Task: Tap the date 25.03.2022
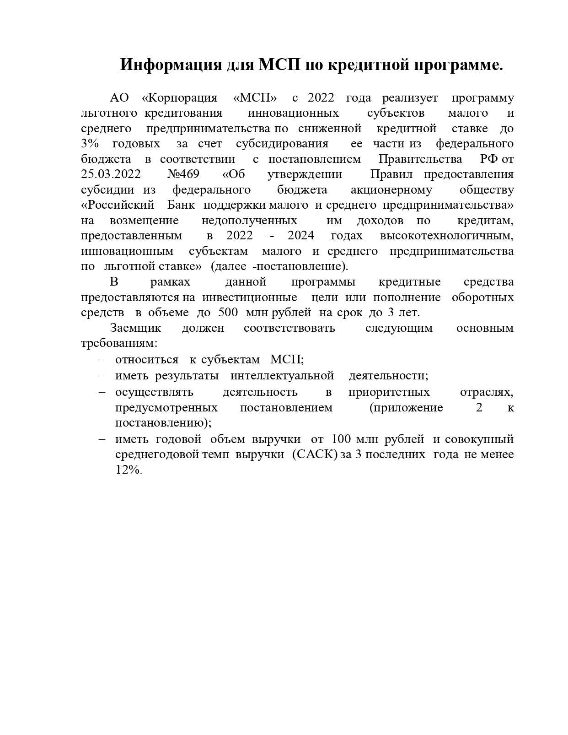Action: [111, 174]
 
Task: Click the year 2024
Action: [300, 236]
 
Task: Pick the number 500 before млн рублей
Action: [228, 313]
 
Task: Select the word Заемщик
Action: [135, 328]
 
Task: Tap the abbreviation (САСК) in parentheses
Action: [315, 454]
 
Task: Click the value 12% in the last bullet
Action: [129, 470]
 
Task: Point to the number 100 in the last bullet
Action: [341, 439]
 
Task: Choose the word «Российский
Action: [117, 205]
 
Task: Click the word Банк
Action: [181, 205]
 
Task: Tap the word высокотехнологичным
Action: [446, 236]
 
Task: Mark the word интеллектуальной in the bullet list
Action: [282, 376]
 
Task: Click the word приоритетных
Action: [389, 392]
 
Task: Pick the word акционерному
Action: [391, 190]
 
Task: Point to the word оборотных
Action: [482, 297]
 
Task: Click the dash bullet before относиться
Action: [102, 360]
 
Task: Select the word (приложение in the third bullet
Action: [406, 408]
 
